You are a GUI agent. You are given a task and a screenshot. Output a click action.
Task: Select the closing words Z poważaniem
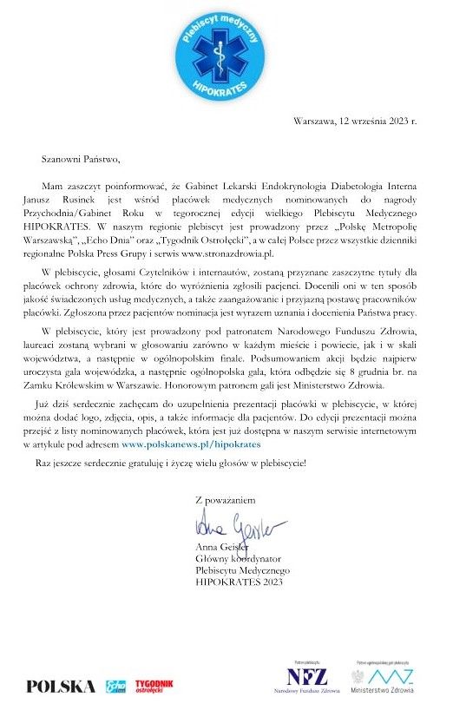click(226, 500)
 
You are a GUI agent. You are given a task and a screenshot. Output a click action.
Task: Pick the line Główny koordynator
click(241, 559)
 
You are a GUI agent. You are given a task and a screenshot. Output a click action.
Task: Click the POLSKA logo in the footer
click(61, 686)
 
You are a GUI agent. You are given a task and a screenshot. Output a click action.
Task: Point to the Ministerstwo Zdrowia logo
click(383, 678)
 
